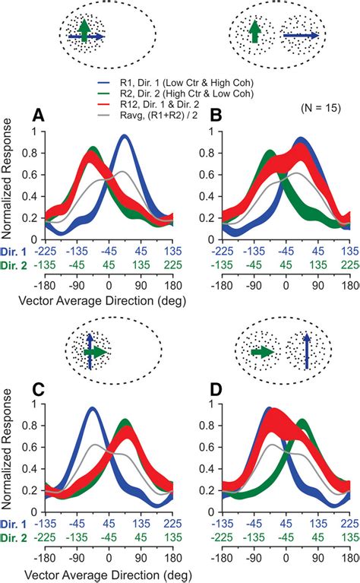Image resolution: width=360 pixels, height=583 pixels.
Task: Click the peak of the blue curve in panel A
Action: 125,137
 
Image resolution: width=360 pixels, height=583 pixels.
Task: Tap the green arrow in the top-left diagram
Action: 85,28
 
